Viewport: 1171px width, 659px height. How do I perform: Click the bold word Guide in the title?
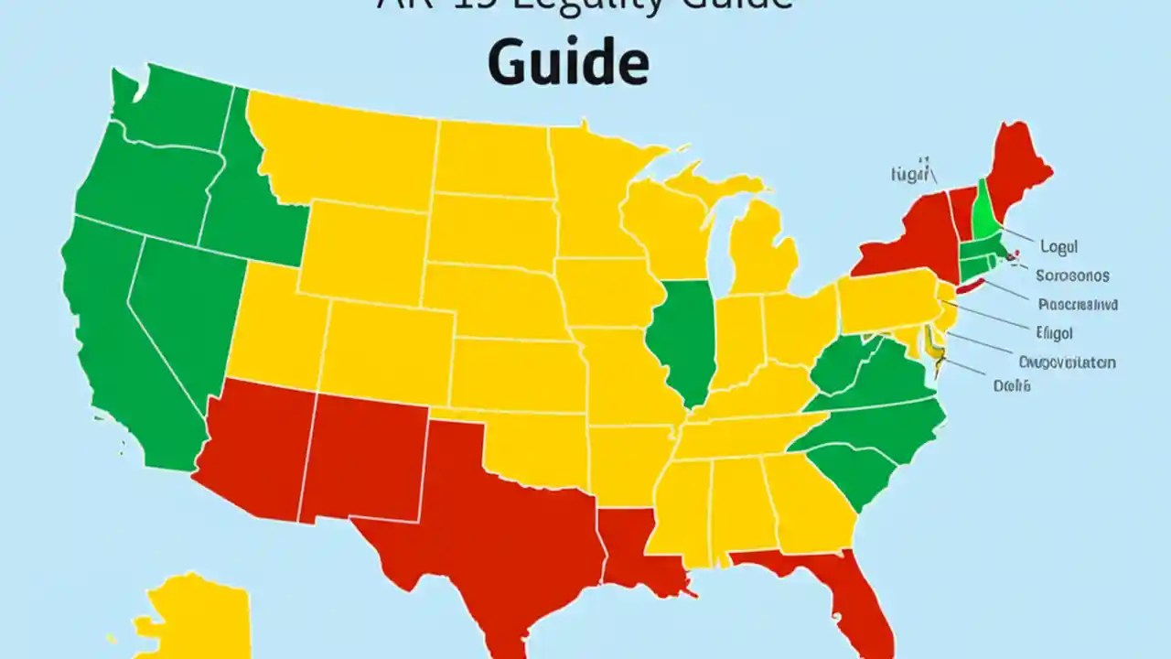[x=567, y=64]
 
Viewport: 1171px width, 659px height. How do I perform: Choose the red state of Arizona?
[x=256, y=439]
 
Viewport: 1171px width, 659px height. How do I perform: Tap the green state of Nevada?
[x=183, y=311]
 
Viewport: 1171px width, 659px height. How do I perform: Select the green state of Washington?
[x=174, y=110]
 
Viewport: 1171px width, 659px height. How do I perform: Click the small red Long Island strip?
[x=970, y=286]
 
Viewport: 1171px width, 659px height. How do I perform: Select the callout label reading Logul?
[x=1059, y=246]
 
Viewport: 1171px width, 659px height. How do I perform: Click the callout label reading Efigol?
[x=1055, y=333]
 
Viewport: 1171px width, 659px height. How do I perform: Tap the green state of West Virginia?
[x=837, y=366]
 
